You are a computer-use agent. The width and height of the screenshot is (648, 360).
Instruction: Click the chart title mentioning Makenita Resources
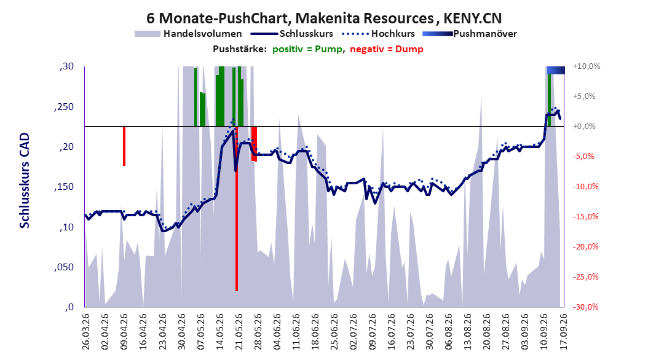click(x=324, y=18)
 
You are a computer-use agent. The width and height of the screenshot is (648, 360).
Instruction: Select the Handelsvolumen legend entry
click(x=188, y=34)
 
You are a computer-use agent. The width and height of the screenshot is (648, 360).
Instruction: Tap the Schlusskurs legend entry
click(x=292, y=34)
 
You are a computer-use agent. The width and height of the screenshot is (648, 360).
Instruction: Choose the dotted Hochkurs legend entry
click(x=379, y=34)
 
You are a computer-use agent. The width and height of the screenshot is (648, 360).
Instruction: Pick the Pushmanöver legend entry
click(x=470, y=34)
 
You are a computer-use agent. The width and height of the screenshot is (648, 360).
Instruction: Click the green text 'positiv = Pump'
click(x=307, y=49)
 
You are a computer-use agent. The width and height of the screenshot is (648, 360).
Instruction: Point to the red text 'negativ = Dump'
click(x=387, y=49)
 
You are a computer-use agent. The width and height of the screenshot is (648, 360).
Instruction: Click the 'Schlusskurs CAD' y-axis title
click(x=25, y=181)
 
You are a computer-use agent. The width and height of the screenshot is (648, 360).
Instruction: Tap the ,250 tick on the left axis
click(x=64, y=107)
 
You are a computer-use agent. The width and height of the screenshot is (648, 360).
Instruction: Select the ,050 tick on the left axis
click(x=64, y=267)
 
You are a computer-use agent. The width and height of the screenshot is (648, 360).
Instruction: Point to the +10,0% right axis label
click(x=587, y=66)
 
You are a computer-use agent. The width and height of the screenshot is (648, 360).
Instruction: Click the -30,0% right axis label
click(x=586, y=307)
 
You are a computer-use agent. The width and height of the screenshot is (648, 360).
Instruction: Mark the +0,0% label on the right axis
click(x=584, y=127)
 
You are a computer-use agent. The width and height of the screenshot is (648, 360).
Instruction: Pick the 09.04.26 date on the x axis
click(x=124, y=332)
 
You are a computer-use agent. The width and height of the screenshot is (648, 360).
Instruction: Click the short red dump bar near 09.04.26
click(x=124, y=146)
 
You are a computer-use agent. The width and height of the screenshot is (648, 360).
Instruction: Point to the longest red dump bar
click(x=236, y=208)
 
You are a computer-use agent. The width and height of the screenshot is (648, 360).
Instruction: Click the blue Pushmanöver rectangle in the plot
click(x=556, y=70)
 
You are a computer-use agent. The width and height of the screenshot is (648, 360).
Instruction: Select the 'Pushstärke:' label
click(x=239, y=49)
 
